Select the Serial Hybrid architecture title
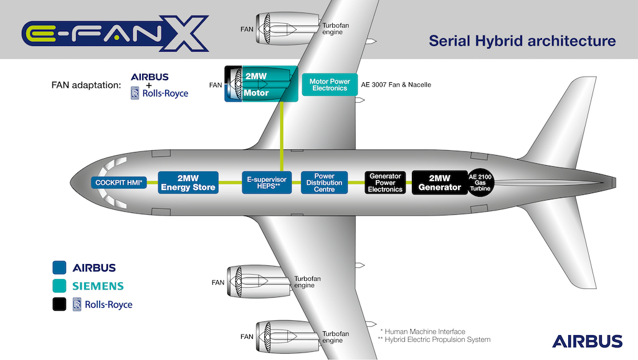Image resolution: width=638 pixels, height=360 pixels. [522, 41]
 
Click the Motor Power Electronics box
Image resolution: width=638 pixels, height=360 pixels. [330, 85]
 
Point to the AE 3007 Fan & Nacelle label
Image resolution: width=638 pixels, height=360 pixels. [396, 85]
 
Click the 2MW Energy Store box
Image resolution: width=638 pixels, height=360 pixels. [188, 182]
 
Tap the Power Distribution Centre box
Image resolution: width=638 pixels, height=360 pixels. [324, 182]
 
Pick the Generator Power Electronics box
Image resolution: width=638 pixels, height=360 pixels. [385, 182]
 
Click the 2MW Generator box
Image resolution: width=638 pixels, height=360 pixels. [440, 182]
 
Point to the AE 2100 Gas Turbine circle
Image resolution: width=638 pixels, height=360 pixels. [481, 182]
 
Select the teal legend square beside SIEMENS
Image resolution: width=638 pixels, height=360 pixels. [59, 286]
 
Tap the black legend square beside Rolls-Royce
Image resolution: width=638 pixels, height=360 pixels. [59, 304]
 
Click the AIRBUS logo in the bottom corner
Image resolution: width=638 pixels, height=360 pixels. [587, 341]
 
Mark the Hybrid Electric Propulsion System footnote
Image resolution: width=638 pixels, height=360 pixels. [434, 339]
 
